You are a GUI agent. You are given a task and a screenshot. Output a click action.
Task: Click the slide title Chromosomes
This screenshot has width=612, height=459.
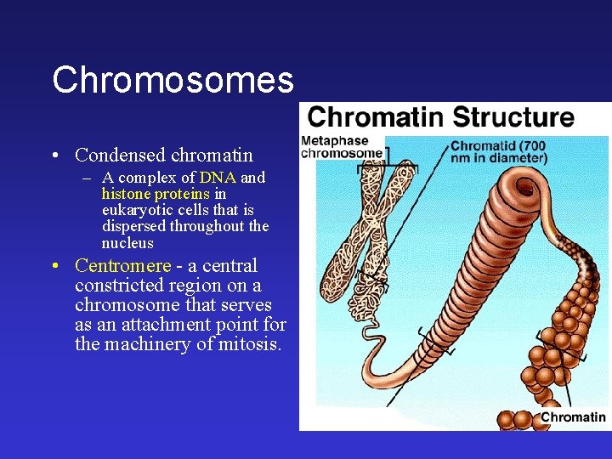173,80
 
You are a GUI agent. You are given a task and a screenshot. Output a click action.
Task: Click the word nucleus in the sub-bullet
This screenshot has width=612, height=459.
127,242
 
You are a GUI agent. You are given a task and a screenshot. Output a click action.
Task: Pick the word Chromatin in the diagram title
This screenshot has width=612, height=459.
377,117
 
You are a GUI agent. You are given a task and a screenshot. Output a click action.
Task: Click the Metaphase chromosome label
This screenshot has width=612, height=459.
341,147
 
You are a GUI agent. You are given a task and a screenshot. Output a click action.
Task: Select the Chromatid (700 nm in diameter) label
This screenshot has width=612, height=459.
498,151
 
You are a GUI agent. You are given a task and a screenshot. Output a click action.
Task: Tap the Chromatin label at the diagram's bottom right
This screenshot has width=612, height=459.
573,416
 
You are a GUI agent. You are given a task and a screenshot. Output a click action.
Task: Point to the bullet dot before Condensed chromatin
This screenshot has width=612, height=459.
54,156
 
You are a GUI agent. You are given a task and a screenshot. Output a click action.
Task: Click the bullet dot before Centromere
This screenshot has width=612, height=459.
54,267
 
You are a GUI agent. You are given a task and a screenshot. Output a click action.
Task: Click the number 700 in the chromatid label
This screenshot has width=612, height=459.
534,145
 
